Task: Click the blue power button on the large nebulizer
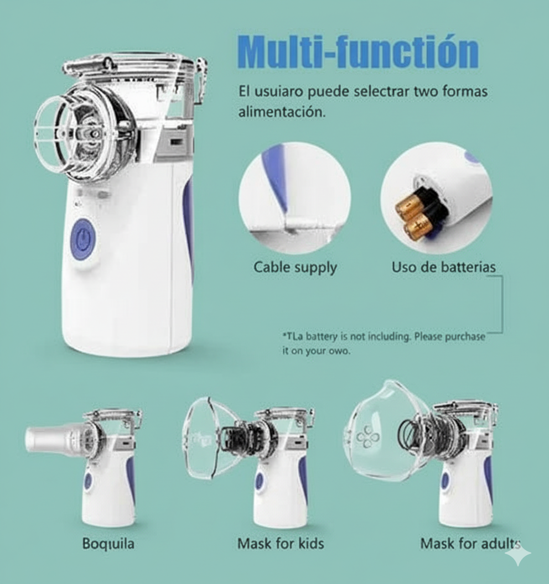[x=83, y=239]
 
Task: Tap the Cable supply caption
[x=295, y=268]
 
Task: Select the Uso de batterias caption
[x=443, y=268]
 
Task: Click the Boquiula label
[x=108, y=544]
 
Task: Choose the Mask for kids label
[x=281, y=544]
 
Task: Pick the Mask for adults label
[x=470, y=544]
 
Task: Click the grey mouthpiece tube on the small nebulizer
[x=53, y=439]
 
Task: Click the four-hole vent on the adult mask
[x=368, y=437]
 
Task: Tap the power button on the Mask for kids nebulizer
[x=260, y=482]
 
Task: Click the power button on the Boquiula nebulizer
[x=88, y=481]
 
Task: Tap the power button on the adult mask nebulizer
[x=446, y=481]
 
